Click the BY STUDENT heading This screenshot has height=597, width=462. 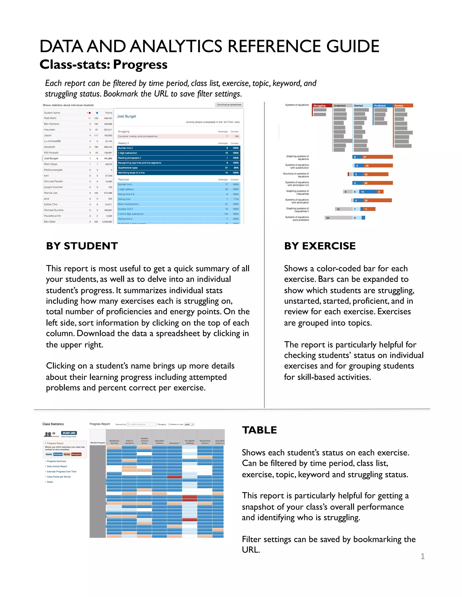click(82, 246)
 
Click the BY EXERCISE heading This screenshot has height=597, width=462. click(320, 246)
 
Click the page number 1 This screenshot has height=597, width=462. click(423, 556)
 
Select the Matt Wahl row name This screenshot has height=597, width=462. click(50, 118)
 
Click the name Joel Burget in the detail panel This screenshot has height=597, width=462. click(127, 116)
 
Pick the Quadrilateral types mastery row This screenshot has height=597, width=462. click(128, 168)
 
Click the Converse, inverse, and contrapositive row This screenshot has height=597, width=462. click(138, 136)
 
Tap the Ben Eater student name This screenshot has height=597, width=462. click(50, 222)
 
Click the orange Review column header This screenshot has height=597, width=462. click(403, 105)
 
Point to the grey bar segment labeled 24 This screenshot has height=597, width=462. click(338, 218)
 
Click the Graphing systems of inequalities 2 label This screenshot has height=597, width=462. click(298, 210)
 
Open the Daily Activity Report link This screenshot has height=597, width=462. click(57, 466)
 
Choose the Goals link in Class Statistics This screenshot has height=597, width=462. click(50, 482)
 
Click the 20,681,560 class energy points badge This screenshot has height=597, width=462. click(69, 433)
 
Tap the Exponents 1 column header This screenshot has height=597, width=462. click(175, 443)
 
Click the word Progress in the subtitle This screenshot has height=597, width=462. click(140, 64)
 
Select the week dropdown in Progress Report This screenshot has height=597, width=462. click(189, 424)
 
